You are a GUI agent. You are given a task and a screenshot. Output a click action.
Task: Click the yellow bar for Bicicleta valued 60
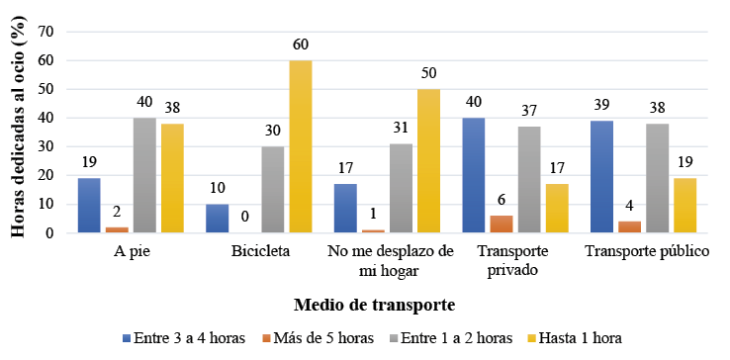click(301, 146)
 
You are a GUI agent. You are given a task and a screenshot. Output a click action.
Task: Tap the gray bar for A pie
click(144, 175)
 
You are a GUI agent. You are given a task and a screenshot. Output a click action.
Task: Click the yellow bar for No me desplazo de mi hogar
click(428, 161)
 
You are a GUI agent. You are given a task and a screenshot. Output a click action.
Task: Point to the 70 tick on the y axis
click(45, 32)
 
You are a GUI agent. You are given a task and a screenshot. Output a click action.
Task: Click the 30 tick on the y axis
click(45, 147)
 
